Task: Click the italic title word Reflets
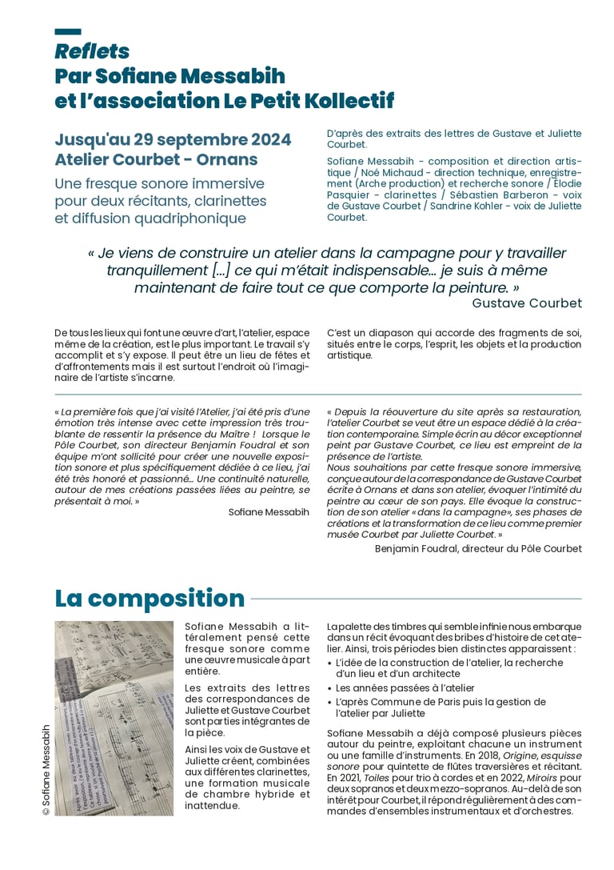click(x=92, y=52)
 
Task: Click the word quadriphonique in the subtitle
click(x=193, y=218)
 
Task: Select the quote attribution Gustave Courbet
click(x=527, y=303)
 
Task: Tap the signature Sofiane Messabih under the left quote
click(x=269, y=511)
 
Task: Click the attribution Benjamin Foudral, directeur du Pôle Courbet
click(x=478, y=548)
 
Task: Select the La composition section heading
click(x=150, y=599)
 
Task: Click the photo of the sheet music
click(x=114, y=718)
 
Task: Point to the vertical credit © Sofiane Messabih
click(x=46, y=769)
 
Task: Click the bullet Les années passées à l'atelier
click(x=405, y=688)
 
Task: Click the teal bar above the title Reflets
click(x=68, y=32)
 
